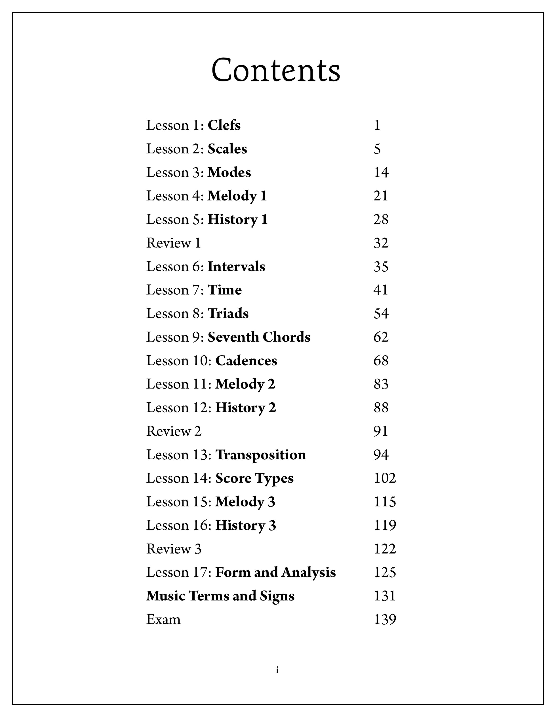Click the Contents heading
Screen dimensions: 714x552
(x=276, y=70)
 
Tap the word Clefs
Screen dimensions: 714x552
(x=224, y=126)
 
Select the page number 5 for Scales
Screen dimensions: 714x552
(x=377, y=149)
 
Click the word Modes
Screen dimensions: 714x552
(x=229, y=173)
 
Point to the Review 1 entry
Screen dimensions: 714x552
(x=173, y=243)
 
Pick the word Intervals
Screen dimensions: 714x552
(x=236, y=267)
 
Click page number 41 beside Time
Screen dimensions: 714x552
(x=381, y=290)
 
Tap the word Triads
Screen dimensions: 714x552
(x=228, y=314)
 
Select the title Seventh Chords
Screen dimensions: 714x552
(x=259, y=337)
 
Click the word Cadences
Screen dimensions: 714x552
(x=246, y=361)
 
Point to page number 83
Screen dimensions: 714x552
(x=381, y=385)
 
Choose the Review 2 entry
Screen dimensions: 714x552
(x=174, y=432)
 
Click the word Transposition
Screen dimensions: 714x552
(x=260, y=455)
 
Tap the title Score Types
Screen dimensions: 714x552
(x=254, y=479)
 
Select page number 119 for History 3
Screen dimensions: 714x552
(x=385, y=526)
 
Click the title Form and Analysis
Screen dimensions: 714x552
(x=275, y=573)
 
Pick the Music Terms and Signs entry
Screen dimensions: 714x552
(x=220, y=596)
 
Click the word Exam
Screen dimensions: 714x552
(x=163, y=620)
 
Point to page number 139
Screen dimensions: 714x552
(x=385, y=620)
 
